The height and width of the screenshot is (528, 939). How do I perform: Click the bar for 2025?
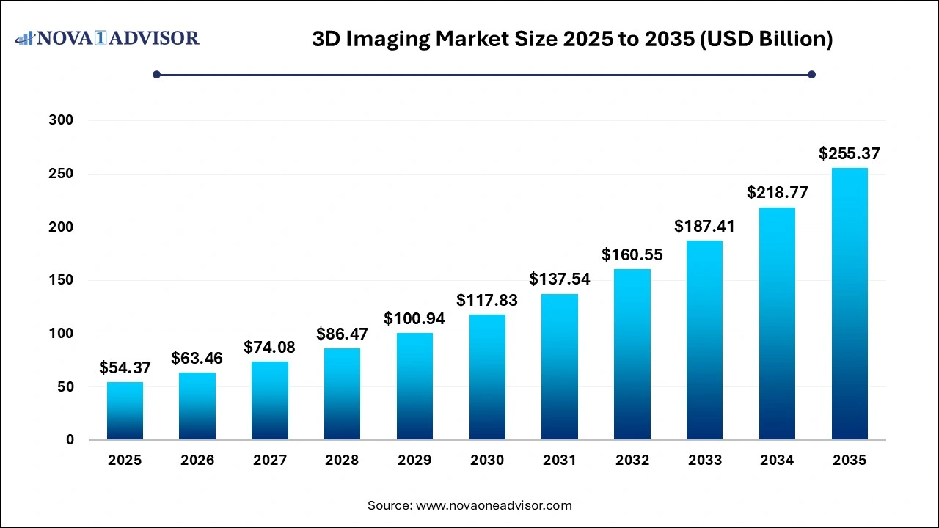pyautogui.click(x=125, y=411)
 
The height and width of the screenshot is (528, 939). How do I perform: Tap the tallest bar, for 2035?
pyautogui.click(x=850, y=304)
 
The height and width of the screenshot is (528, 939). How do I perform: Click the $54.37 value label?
pyautogui.click(x=125, y=367)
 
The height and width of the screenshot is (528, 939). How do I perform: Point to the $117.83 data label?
pyautogui.click(x=487, y=299)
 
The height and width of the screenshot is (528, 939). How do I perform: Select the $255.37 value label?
pyautogui.click(x=850, y=154)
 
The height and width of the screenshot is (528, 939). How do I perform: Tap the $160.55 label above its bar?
pyautogui.click(x=632, y=254)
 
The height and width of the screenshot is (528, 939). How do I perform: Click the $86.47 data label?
pyautogui.click(x=343, y=334)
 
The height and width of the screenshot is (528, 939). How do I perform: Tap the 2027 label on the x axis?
pyautogui.click(x=270, y=461)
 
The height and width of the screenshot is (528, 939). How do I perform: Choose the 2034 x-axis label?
pyautogui.click(x=777, y=461)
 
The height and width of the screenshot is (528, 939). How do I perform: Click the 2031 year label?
pyautogui.click(x=560, y=461)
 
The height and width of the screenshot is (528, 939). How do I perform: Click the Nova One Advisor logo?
pyautogui.click(x=107, y=37)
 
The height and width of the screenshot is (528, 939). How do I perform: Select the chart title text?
pyautogui.click(x=572, y=39)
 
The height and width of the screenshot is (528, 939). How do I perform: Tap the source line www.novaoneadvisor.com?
pyautogui.click(x=469, y=505)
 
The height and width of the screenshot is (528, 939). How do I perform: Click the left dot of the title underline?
pyautogui.click(x=156, y=74)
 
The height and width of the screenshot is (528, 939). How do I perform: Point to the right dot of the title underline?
pyautogui.click(x=811, y=74)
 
